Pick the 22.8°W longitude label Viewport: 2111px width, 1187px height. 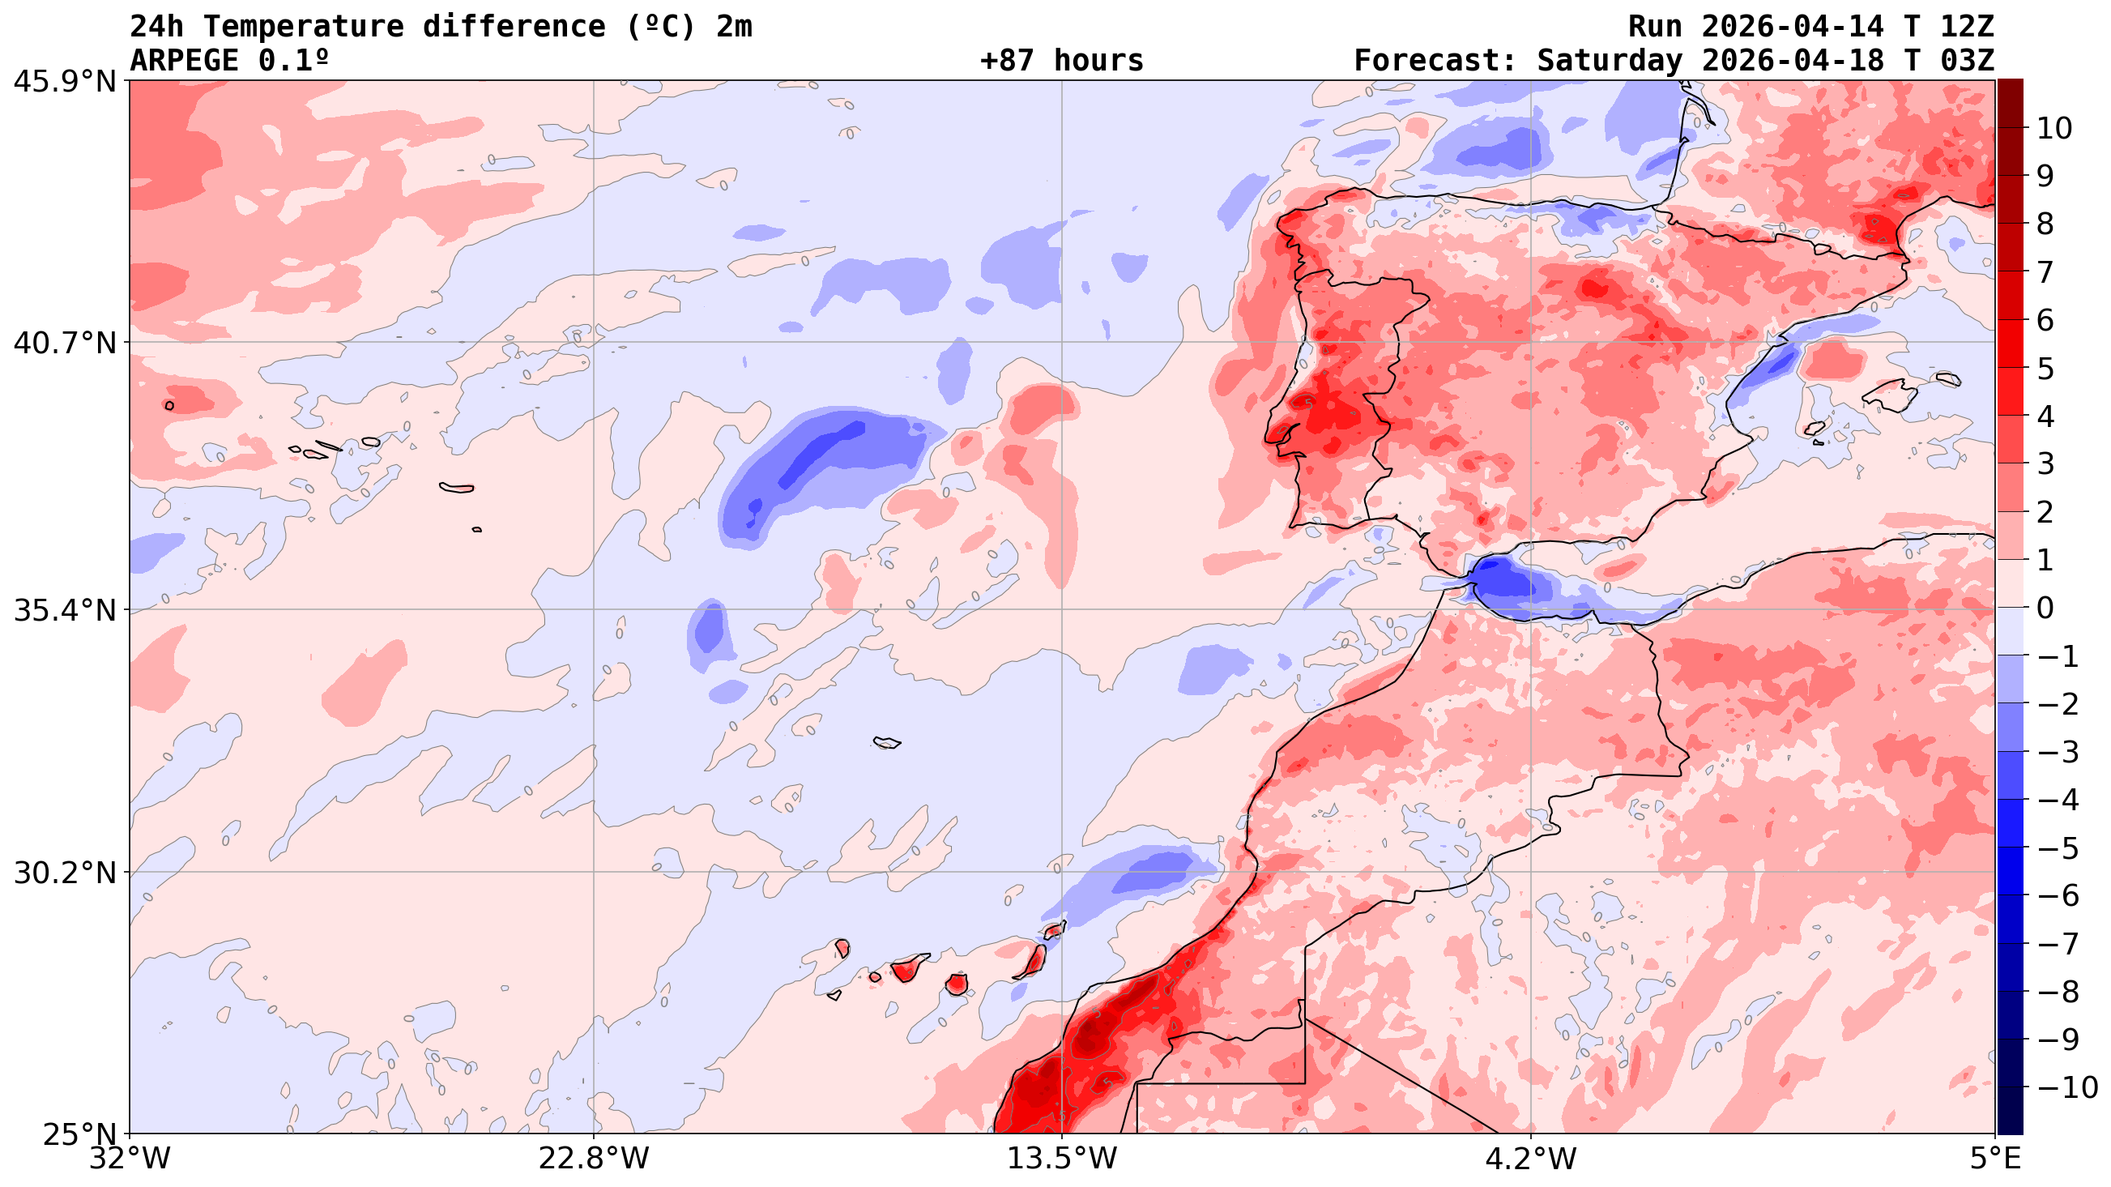pyautogui.click(x=594, y=1159)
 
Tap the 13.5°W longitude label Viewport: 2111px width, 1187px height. pyautogui.click(x=1062, y=1159)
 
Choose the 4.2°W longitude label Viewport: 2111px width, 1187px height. pyautogui.click(x=1531, y=1159)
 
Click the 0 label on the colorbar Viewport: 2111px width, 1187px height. pyautogui.click(x=2045, y=608)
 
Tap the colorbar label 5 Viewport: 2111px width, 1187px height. pyautogui.click(x=2045, y=368)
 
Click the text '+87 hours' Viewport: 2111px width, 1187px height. pyautogui.click(x=1061, y=61)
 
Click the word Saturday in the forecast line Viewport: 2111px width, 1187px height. pyautogui.click(x=1609, y=61)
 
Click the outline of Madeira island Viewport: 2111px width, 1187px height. pyautogui.click(x=887, y=743)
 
